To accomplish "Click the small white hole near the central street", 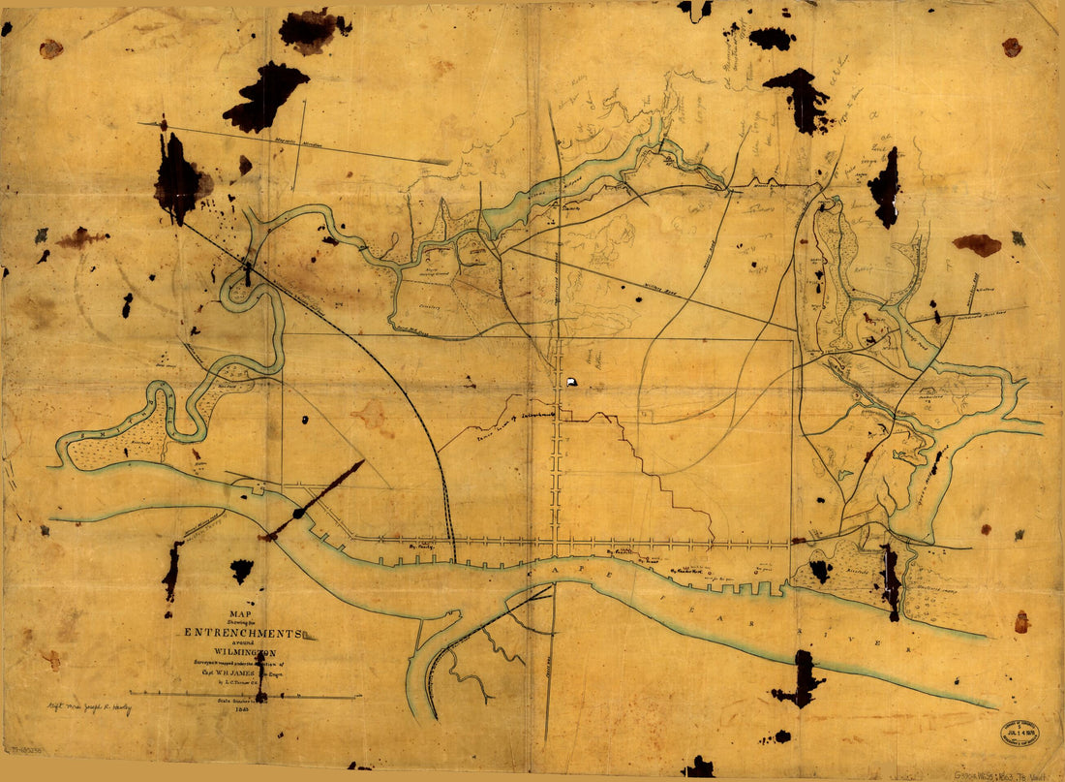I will (572, 382).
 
